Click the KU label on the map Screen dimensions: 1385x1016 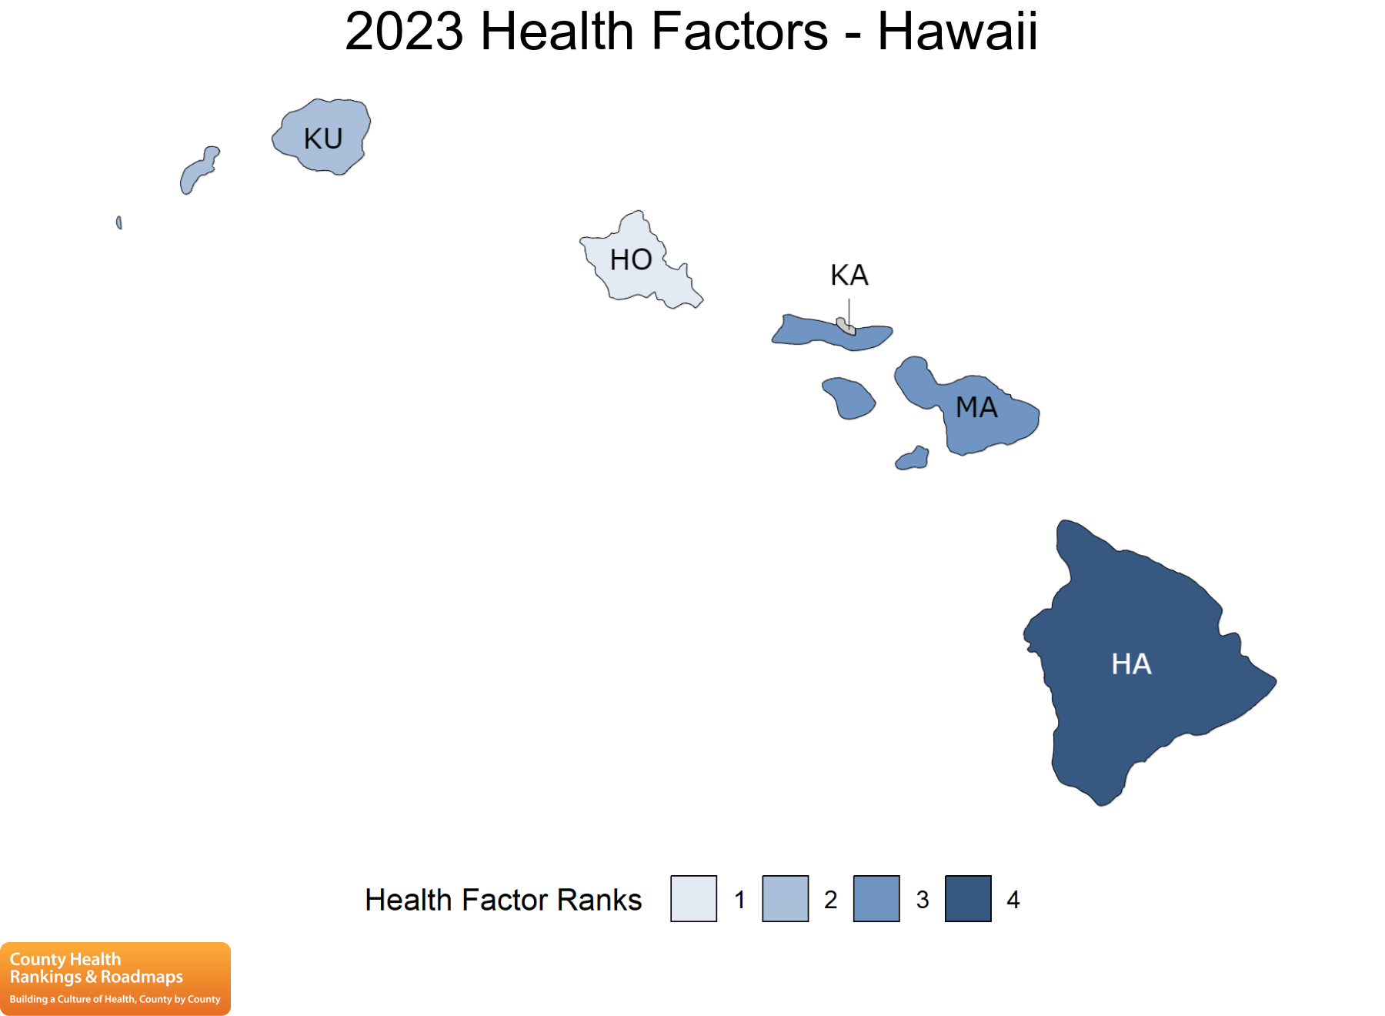[323, 139]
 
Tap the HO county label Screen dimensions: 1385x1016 [631, 259]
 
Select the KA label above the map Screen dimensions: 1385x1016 [849, 275]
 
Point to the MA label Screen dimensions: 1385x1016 [976, 407]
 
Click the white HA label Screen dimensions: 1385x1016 [1131, 663]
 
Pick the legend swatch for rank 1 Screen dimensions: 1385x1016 [693, 898]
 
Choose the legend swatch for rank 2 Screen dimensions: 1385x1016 [785, 898]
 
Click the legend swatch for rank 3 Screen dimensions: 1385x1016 [876, 898]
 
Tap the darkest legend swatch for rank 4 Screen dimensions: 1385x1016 [968, 898]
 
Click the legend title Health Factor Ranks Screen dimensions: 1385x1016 [503, 900]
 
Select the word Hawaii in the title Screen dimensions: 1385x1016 [957, 32]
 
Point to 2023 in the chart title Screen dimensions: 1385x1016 [404, 32]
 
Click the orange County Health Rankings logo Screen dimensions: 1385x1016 [115, 978]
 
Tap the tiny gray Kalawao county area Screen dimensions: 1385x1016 [846, 326]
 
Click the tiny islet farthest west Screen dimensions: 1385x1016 [118, 222]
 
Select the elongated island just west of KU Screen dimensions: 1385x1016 [199, 171]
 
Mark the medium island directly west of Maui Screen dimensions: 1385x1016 [849, 398]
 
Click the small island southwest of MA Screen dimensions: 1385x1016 [913, 459]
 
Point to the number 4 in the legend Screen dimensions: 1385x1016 [1013, 899]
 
